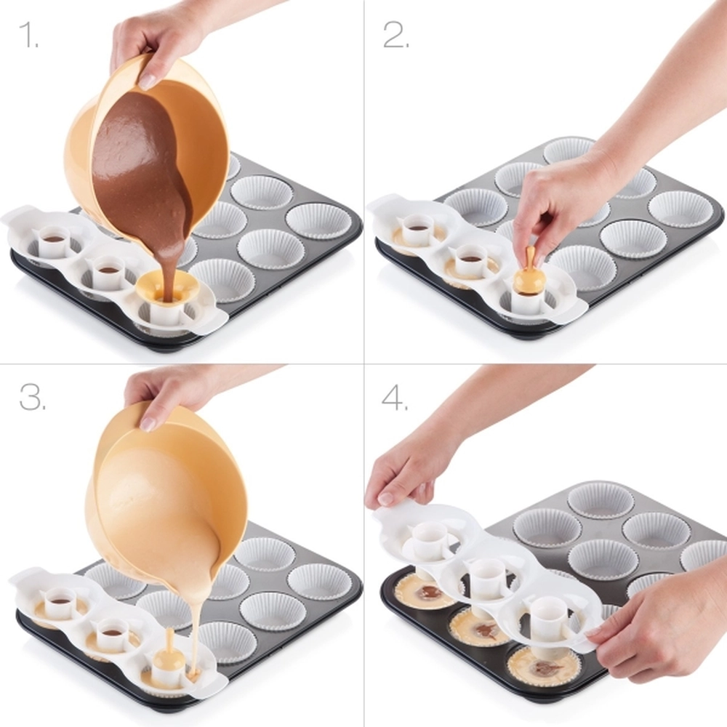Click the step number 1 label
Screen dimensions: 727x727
coord(29,35)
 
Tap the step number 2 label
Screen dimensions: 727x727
coord(395,35)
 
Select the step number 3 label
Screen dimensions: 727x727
coord(33,397)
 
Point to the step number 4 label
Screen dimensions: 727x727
coord(395,398)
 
